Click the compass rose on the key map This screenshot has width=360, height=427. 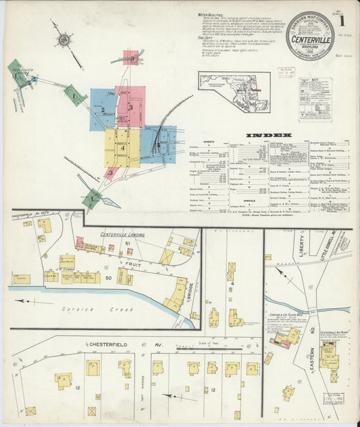point(63,40)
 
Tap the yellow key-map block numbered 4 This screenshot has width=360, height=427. point(122,148)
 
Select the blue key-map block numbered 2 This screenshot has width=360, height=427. point(103,109)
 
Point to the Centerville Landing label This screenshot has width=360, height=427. point(124,234)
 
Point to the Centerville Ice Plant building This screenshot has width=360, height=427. point(330,354)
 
